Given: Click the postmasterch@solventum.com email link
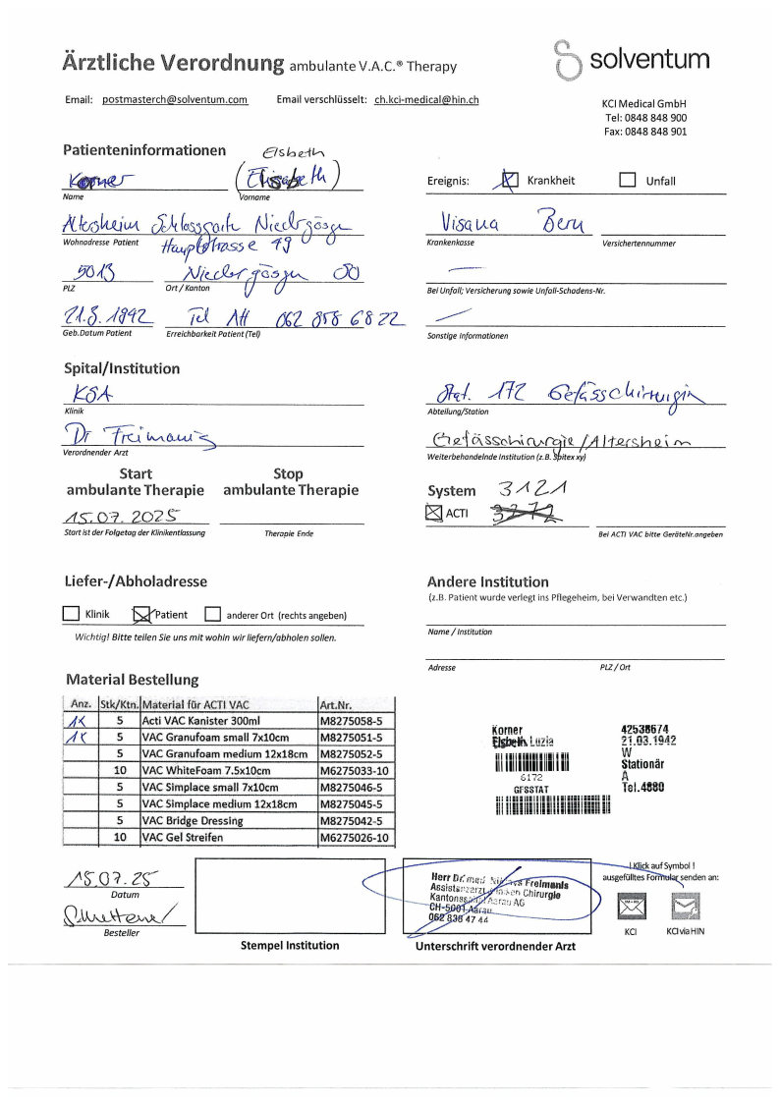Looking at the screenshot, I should click(x=175, y=100).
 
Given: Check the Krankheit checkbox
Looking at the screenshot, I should click(x=509, y=181).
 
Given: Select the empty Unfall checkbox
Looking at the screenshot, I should click(x=628, y=181).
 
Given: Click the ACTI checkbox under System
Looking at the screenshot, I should click(x=435, y=512).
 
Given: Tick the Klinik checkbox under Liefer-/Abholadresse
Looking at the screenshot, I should click(x=71, y=615).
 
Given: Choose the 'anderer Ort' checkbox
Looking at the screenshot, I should click(x=212, y=615).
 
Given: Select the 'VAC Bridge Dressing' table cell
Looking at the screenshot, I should click(x=228, y=821).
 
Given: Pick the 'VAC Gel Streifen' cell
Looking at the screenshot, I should click(x=228, y=837).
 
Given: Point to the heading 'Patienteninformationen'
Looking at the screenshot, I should click(x=144, y=150).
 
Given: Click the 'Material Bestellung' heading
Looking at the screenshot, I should click(x=132, y=679).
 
